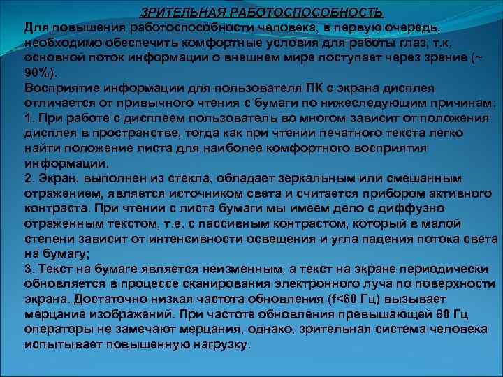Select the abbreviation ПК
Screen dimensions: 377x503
[x=314, y=87]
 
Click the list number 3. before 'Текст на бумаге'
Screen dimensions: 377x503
[x=30, y=268]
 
